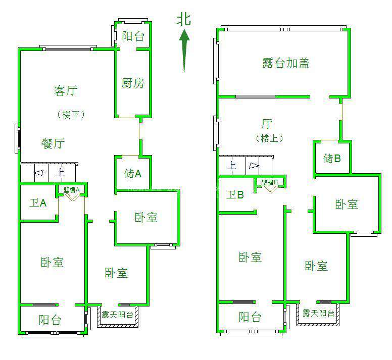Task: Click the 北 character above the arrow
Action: pyautogui.click(x=184, y=20)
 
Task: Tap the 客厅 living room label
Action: pyautogui.click(x=65, y=91)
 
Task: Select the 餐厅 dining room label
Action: pyautogui.click(x=53, y=143)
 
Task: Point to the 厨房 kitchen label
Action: pyautogui.click(x=132, y=83)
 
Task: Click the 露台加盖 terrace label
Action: pyautogui.click(x=286, y=63)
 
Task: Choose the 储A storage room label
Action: pyautogui.click(x=133, y=174)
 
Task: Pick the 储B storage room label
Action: pyautogui.click(x=332, y=159)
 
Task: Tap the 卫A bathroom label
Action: pyautogui.click(x=38, y=203)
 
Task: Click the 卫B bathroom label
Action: pyautogui.click(x=235, y=194)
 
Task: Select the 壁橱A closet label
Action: pyautogui.click(x=71, y=190)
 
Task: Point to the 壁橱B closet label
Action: pyautogui.click(x=270, y=182)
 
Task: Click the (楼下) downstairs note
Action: pyautogui.click(x=70, y=115)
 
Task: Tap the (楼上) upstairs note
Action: pyautogui.click(x=269, y=138)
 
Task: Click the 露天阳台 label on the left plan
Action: pyautogui.click(x=117, y=315)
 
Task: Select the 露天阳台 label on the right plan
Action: pyautogui.click(x=318, y=313)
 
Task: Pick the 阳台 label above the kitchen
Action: pyautogui.click(x=133, y=36)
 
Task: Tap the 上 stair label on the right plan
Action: pyautogui.click(x=232, y=165)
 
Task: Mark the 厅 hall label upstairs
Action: pyautogui.click(x=267, y=124)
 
